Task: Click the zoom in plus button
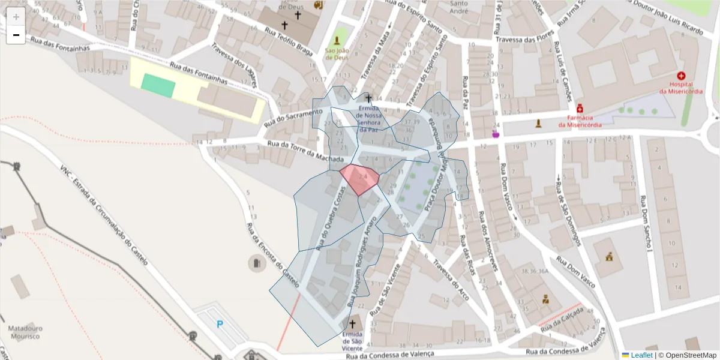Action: point(16,16)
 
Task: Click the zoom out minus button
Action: point(16,35)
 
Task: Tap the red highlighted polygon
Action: point(359,179)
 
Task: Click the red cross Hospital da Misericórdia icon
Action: point(681,76)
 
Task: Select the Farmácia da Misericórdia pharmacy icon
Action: point(580,109)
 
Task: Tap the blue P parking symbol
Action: point(220,325)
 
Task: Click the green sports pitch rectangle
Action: point(158,85)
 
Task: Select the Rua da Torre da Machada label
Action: point(305,151)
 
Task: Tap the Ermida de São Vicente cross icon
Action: point(352,323)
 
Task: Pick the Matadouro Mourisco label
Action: point(25,333)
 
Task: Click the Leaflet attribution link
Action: point(641,355)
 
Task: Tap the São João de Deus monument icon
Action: point(337,41)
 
